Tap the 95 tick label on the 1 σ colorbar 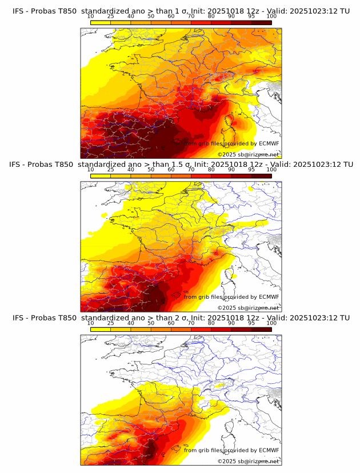pos(251,16)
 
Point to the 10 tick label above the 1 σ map pos(91,16)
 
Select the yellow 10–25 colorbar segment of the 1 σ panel pos(101,22)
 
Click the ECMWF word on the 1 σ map pos(269,143)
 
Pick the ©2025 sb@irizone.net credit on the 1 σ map pos(248,154)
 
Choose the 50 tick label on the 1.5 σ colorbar pos(151,170)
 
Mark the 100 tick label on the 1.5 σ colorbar pos(271,170)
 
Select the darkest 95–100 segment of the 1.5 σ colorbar pos(262,175)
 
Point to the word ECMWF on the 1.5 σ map pos(269,296)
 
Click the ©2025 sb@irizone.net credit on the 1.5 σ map pos(248,308)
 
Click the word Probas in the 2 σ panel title pos(42,318)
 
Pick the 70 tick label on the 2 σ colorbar pos(191,323)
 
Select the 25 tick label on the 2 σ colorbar pos(111,323)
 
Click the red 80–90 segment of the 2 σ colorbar pos(221,328)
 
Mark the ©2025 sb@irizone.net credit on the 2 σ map pos(248,461)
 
